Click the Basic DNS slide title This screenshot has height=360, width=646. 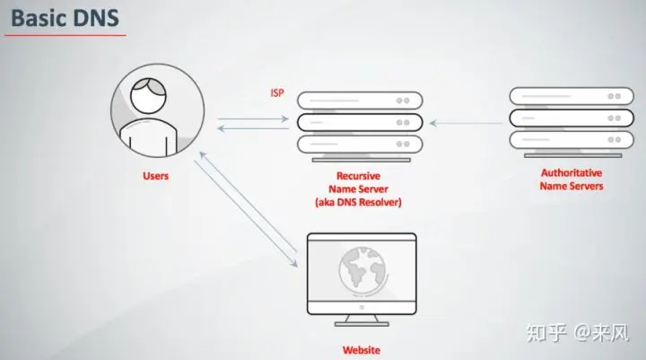pos(65,17)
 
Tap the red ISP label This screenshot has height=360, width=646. pos(277,93)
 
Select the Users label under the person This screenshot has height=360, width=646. pos(155,176)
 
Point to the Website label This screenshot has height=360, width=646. pos(362,349)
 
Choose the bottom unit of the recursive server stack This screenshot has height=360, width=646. pos(355,143)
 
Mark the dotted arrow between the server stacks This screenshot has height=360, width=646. pos(467,119)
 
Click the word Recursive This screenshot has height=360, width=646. pos(357,175)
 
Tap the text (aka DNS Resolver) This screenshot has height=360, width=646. pos(357,202)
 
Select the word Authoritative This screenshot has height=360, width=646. pos(571,172)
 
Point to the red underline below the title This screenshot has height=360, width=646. pos(65,36)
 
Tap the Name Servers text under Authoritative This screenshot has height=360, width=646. pos(571,186)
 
